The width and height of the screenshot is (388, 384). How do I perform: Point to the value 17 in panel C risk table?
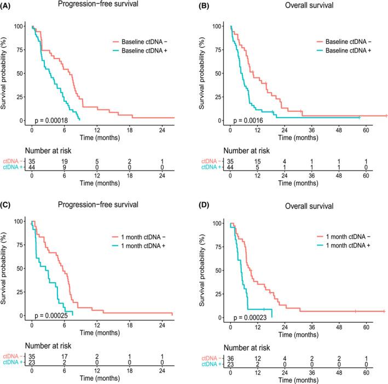(65, 357)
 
